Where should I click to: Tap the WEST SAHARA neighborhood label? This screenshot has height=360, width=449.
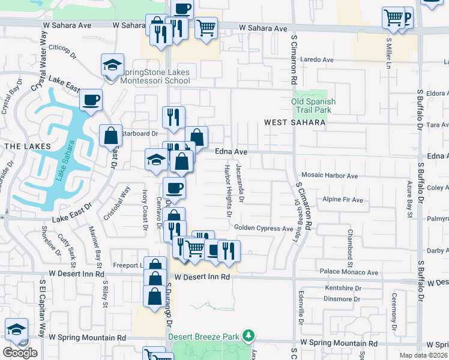(295, 122)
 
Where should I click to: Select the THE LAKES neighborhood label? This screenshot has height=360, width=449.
(21, 146)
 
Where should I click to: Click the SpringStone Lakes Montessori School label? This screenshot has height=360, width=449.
(155, 76)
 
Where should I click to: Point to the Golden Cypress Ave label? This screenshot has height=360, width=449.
(263, 228)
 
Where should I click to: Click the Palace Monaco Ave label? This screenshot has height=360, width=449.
(349, 272)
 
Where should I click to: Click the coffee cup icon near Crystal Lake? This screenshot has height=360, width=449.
(91, 100)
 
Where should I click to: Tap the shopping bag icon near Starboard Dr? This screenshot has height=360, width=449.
(112, 135)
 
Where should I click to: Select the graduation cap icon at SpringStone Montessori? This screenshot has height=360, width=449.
(113, 65)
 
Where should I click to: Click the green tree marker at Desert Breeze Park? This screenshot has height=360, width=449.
(248, 336)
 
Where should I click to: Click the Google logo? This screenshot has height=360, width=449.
(20, 353)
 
